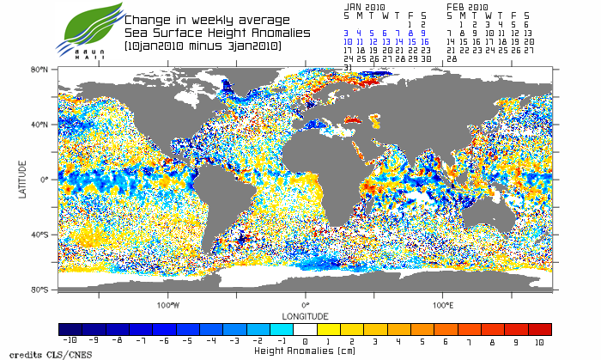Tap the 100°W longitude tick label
(169, 305)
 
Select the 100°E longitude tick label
(443, 305)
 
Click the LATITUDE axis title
(23, 180)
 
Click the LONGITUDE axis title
(306, 315)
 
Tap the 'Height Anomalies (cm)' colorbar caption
(306, 351)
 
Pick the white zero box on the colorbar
(306, 329)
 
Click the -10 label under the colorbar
(70, 341)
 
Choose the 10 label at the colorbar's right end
(540, 341)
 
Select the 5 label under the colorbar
(423, 341)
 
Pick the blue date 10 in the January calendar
(348, 41)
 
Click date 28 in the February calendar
(452, 58)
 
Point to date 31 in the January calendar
(348, 67)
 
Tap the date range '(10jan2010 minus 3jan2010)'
(203, 46)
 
